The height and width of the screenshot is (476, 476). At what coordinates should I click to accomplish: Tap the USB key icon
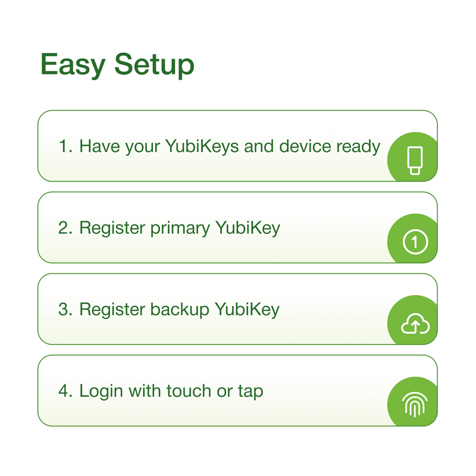point(415,161)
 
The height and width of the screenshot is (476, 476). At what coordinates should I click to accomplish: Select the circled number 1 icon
point(415,242)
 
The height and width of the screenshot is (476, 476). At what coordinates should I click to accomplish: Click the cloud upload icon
point(415,324)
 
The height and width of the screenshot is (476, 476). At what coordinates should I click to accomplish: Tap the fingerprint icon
point(415,405)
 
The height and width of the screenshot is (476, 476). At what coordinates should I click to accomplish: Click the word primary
point(180,228)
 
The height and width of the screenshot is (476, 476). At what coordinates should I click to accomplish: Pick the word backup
point(180,309)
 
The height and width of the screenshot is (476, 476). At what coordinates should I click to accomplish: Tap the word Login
point(101,392)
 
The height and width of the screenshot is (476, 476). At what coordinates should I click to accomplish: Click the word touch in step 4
point(189,391)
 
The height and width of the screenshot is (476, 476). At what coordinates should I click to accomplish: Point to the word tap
point(250,392)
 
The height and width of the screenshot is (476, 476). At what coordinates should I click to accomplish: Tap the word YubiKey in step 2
point(248,228)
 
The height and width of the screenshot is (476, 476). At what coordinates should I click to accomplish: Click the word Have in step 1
point(99,146)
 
